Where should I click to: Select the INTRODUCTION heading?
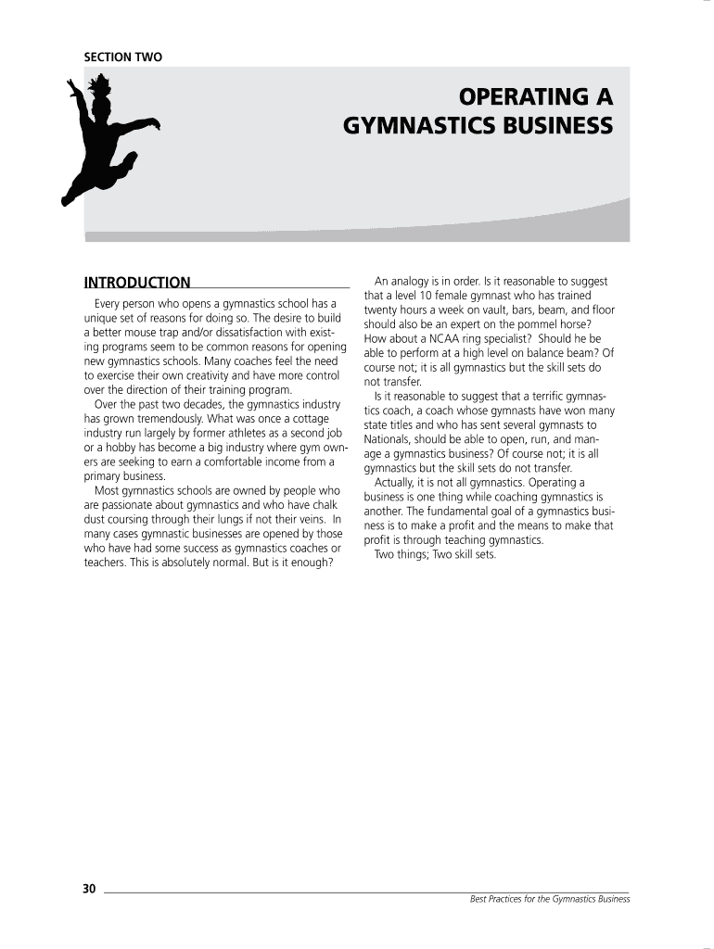137,283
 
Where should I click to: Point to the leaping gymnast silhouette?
107,139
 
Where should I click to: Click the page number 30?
89,889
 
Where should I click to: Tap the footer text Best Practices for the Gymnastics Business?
549,899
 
